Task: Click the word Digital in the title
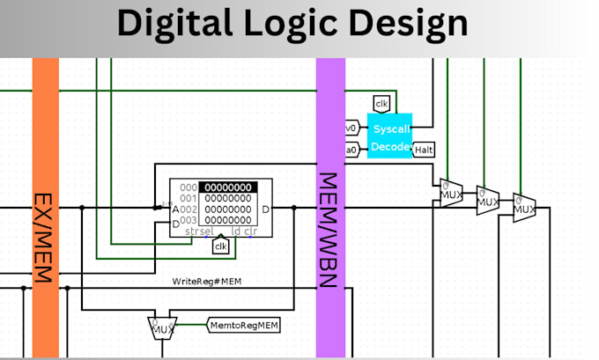[x=181, y=25]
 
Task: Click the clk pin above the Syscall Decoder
[x=381, y=105]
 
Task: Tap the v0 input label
[x=351, y=129]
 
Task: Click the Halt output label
[x=425, y=151]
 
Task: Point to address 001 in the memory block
[x=189, y=199]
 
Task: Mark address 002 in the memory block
[x=189, y=209]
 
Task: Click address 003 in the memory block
[x=189, y=220]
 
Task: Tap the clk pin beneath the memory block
[x=221, y=247]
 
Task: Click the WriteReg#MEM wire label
[x=206, y=282]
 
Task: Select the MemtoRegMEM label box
[x=244, y=326]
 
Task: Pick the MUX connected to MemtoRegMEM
[x=162, y=328]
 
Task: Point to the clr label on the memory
[x=251, y=231]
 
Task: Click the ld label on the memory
[x=236, y=231]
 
